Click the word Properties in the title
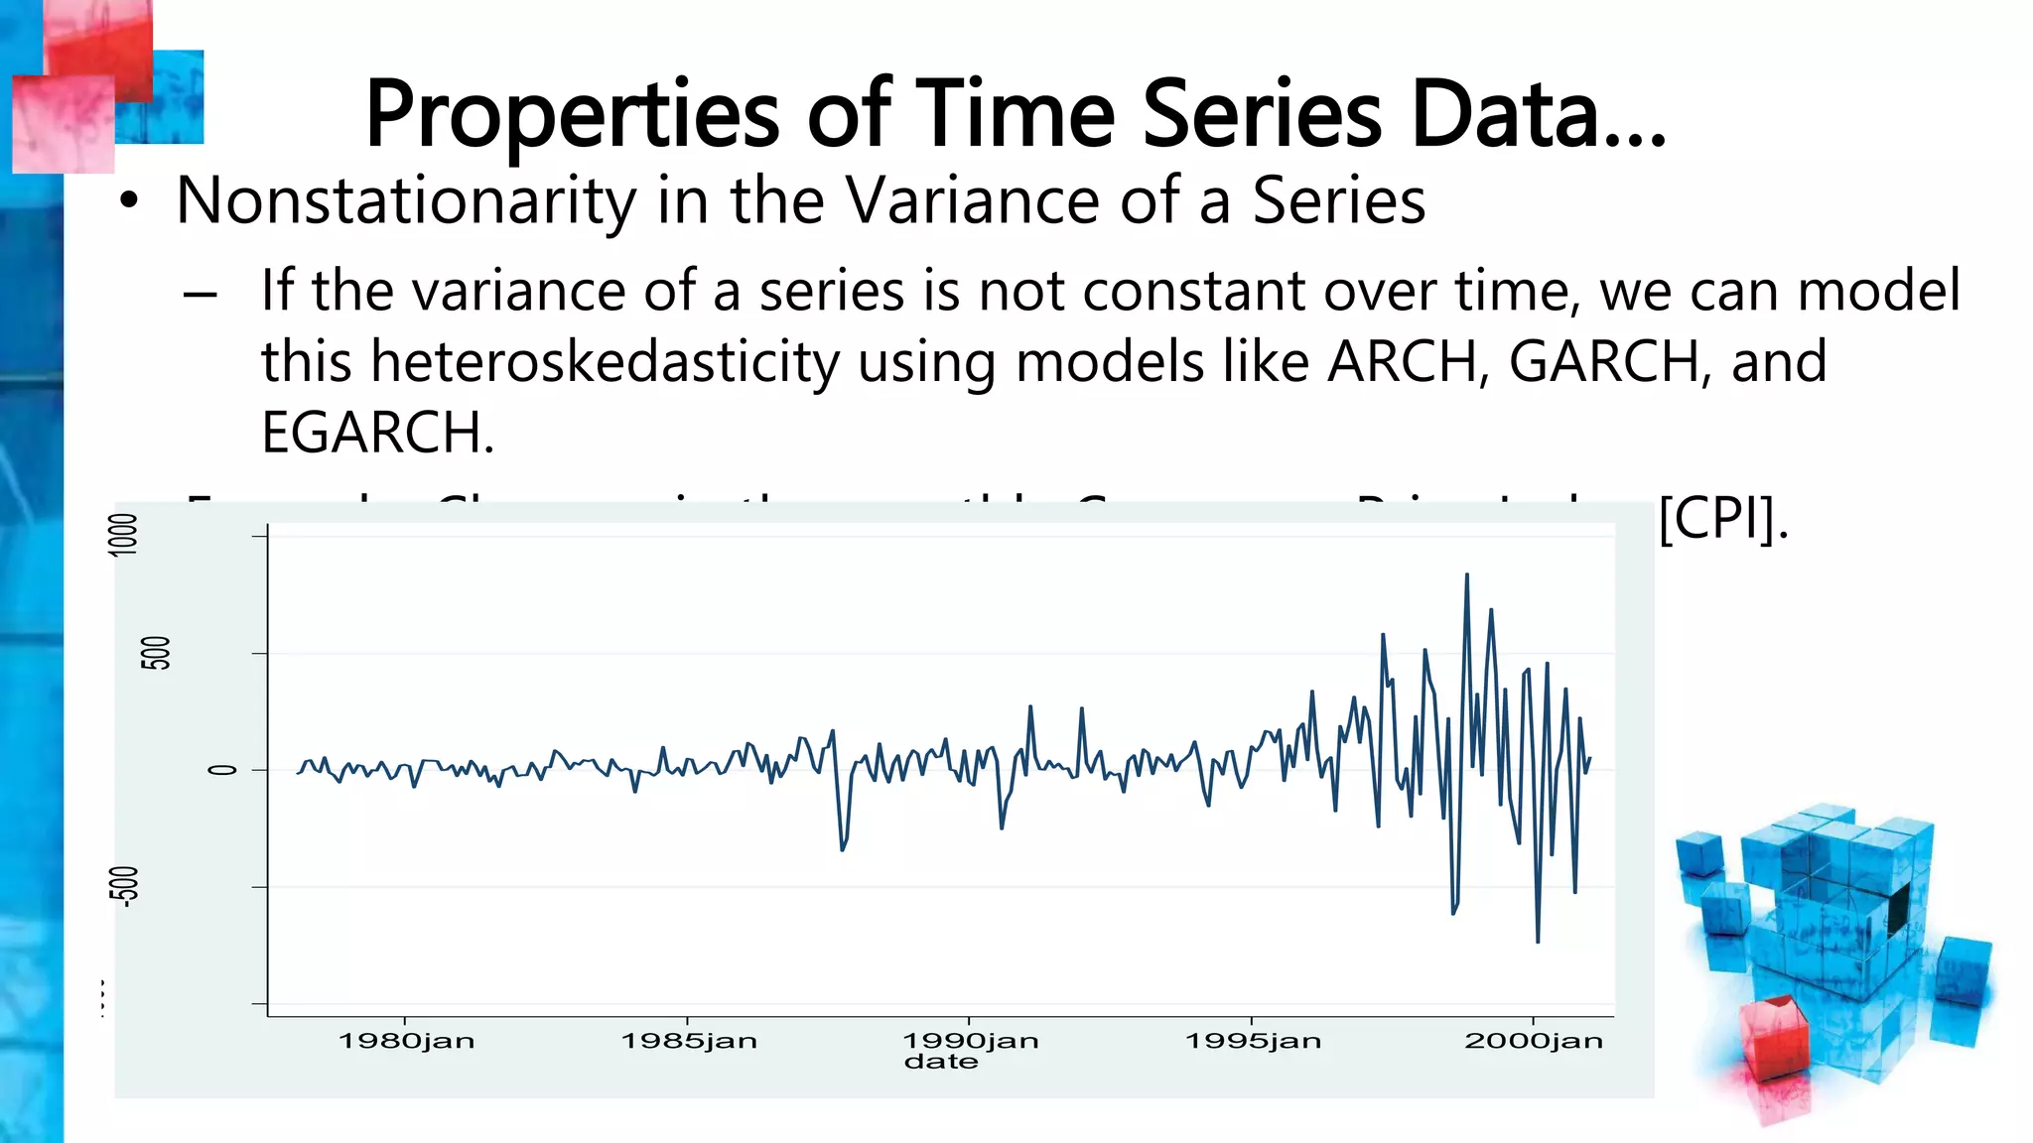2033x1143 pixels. [x=572, y=116]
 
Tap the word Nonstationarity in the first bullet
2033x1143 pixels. [x=405, y=201]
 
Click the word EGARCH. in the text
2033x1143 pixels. [x=377, y=433]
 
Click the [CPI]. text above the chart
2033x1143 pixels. [x=1723, y=518]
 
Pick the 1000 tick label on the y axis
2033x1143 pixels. [x=124, y=535]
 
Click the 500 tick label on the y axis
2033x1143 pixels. [x=156, y=653]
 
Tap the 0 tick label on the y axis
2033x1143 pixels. [x=222, y=770]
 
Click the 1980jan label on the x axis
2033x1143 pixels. [x=407, y=1041]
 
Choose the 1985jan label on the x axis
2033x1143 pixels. [x=689, y=1041]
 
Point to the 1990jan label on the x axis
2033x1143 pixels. [x=971, y=1041]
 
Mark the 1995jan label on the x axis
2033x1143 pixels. [x=1253, y=1041]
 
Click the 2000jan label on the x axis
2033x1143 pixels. [x=1534, y=1041]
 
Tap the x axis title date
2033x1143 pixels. [x=941, y=1063]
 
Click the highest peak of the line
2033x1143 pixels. [x=1466, y=575]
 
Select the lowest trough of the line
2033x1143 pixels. [x=1538, y=941]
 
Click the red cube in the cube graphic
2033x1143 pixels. [x=1776, y=1037]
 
